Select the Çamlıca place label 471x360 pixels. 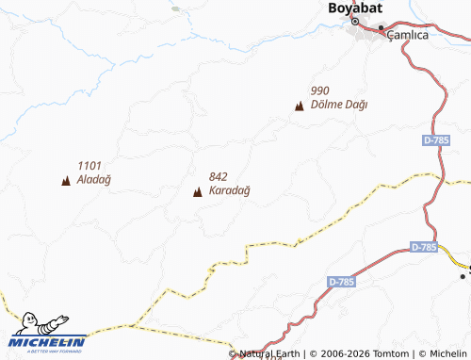click(409, 34)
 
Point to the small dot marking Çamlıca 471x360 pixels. click(382, 29)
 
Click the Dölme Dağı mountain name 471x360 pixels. click(338, 105)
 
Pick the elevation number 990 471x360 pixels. click(319, 90)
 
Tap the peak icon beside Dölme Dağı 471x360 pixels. click(300, 106)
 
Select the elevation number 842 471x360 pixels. click(219, 177)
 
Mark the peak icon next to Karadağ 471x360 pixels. click(197, 193)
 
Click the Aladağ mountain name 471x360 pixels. click(94, 178)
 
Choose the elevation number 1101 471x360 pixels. click(90, 164)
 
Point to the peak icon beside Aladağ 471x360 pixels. click(66, 180)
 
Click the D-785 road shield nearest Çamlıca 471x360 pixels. click(436, 140)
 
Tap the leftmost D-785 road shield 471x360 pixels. click(342, 282)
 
